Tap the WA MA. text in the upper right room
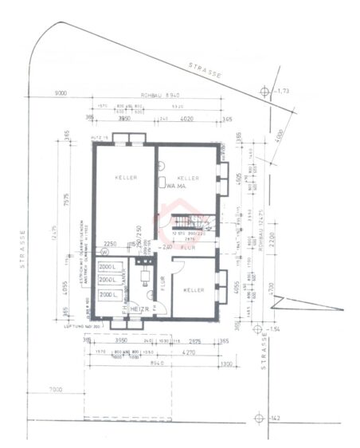(x=177, y=186)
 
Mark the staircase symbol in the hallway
(x=189, y=220)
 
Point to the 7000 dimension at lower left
(x=55, y=388)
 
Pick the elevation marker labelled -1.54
(x=261, y=328)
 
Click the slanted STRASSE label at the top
(x=205, y=69)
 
